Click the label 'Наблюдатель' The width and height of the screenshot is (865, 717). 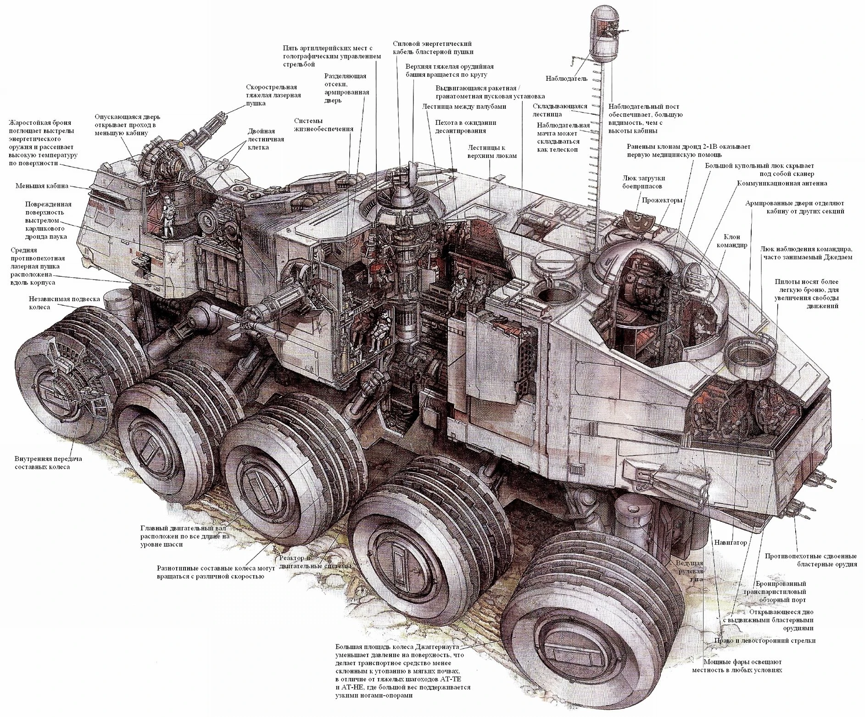pos(566,78)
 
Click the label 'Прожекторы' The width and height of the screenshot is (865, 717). pos(662,200)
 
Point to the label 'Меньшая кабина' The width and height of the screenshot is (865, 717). pos(42,186)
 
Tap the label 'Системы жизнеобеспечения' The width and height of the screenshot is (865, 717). pos(324,124)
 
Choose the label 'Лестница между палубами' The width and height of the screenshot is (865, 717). pos(464,106)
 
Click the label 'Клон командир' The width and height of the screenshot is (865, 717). pos(735,241)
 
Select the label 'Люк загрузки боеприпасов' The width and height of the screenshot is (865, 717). pos(644,182)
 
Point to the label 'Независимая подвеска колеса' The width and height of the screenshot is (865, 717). pos(64,302)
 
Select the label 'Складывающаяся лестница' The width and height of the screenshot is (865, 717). pos(560,110)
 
